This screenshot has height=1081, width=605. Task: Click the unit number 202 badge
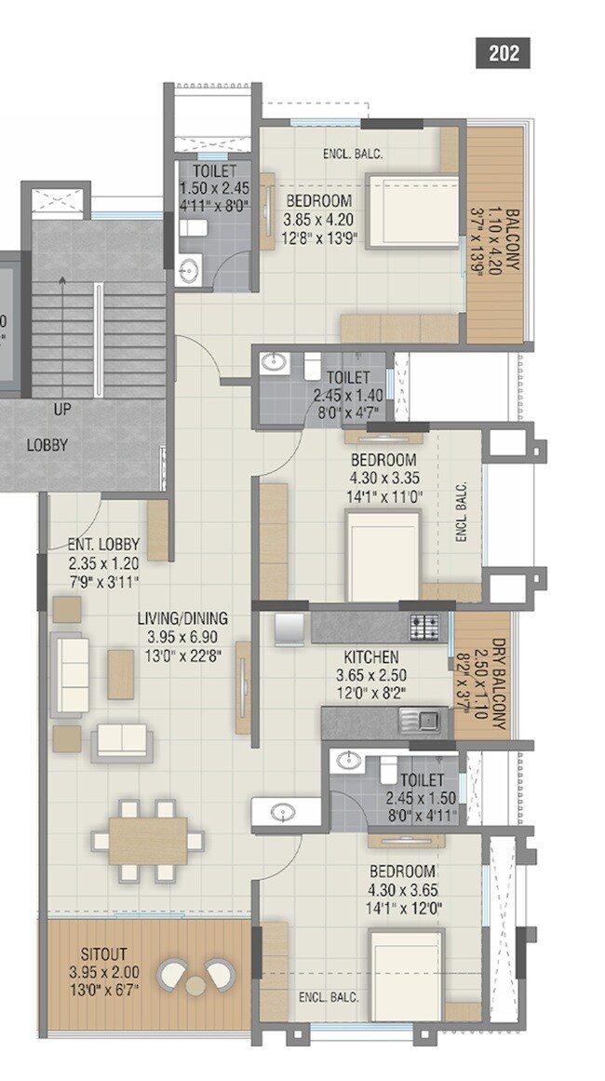coord(503,52)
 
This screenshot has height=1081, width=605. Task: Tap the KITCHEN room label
coord(370,657)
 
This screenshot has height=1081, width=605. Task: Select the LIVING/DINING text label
coord(182,618)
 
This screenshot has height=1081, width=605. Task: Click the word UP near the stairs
coord(62,409)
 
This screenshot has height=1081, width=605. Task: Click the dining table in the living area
coord(147,840)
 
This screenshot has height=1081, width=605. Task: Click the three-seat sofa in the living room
coord(70,674)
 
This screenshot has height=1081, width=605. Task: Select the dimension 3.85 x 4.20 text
coord(318,218)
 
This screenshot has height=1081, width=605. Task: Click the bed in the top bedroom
coord(411,211)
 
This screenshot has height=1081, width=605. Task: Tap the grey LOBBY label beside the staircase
coord(47,445)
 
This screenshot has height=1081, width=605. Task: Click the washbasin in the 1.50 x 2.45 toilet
coord(188,271)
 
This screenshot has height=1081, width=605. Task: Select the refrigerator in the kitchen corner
coord(288,630)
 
